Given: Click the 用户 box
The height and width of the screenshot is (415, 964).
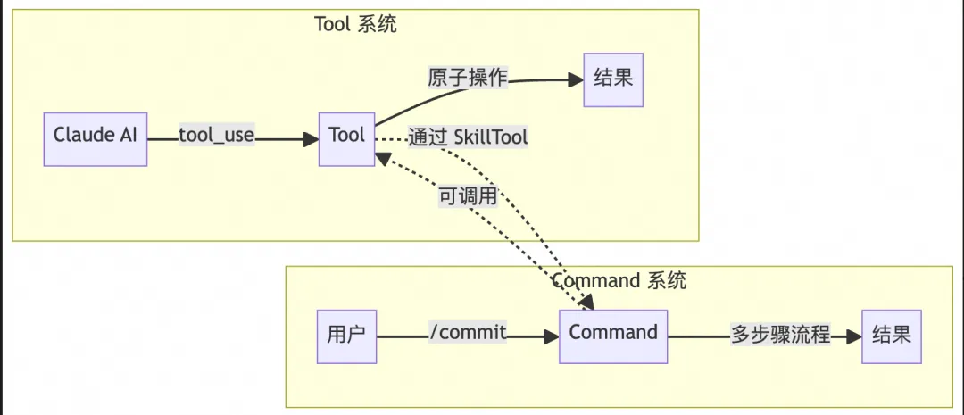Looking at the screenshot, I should coord(346,336).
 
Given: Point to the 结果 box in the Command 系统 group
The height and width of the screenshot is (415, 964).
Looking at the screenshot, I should coord(890,336).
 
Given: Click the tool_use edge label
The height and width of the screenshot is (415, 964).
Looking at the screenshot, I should coord(217,136).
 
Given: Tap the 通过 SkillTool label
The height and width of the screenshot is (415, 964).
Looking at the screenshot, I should coord(468,137).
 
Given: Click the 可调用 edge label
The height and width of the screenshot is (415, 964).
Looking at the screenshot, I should coord(467,196).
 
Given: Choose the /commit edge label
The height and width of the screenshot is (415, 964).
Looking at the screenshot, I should coord(468,334).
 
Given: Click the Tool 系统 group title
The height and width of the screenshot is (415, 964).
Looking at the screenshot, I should coord(355,24).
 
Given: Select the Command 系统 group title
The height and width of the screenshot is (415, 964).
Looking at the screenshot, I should coord(619,280).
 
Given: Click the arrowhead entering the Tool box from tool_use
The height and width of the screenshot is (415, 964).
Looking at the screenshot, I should coord(312,138).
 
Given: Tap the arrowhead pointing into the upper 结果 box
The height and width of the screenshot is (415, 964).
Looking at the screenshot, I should coord(576,79).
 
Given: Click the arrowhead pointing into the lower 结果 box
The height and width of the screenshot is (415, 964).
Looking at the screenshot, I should coord(855,336).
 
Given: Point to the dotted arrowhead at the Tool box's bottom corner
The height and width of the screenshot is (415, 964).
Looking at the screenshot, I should coord(380,158).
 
